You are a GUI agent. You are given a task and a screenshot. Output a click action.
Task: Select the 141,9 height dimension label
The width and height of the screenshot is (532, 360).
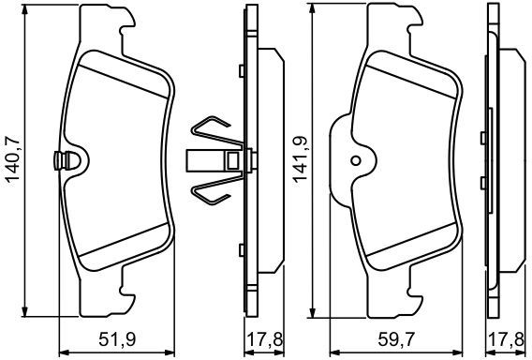coord(301,159)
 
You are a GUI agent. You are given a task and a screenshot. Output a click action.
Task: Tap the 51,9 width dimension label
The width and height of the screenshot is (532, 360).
coord(117,340)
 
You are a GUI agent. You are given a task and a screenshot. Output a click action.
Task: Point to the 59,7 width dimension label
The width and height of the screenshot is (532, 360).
coord(396,340)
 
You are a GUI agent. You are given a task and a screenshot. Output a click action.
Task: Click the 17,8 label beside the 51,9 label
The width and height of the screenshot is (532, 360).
coord(264,340)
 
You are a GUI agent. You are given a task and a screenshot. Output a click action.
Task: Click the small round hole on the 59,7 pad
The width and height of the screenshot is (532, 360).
coord(356,160)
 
